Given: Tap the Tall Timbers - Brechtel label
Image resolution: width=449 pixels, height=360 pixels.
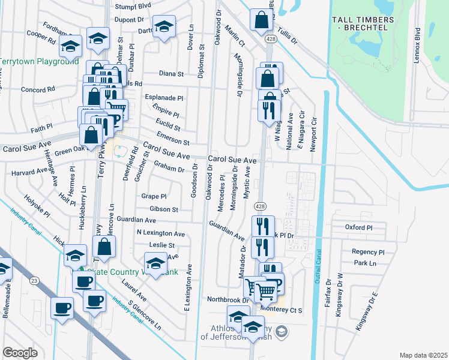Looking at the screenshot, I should point(364,24).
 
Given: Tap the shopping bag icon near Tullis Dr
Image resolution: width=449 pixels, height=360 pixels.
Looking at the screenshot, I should point(261,20).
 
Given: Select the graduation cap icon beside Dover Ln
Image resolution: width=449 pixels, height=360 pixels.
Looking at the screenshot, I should point(163,28).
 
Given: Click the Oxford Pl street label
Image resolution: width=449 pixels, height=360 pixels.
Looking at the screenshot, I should point(359,228).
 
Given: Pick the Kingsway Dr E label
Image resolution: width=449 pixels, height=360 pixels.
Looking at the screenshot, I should point(373,306).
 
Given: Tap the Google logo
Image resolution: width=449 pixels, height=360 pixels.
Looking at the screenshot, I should point(20,352).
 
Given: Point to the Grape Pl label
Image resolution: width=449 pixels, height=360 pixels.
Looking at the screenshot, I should point(154,196).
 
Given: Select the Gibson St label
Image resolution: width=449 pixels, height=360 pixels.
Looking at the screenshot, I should point(164,209).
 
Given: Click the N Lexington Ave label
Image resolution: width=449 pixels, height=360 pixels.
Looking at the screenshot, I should point(161,233).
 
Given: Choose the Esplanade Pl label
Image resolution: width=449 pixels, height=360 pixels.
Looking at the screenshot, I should point(164,97).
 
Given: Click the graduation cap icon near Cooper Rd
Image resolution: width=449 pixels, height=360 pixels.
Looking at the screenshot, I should point(71,46).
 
